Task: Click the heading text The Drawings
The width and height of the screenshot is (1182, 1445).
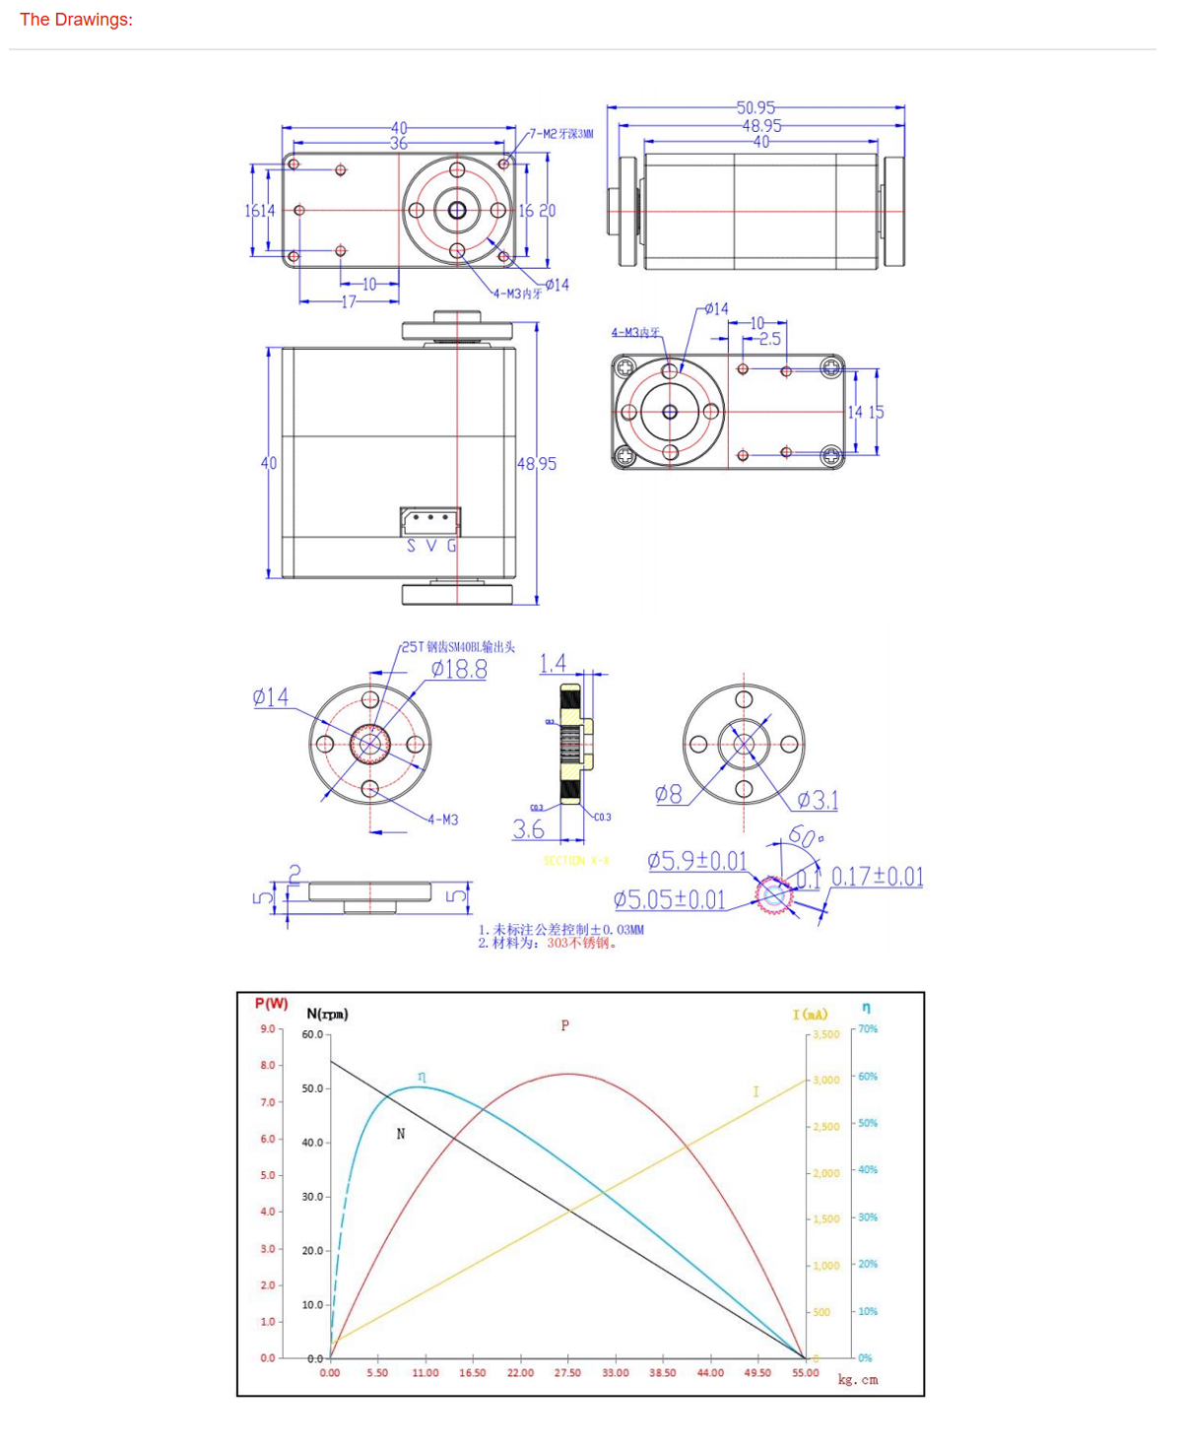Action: [x=76, y=20]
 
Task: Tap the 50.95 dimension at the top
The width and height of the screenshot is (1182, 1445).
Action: [x=755, y=107]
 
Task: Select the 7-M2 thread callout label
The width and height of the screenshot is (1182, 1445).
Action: [x=561, y=133]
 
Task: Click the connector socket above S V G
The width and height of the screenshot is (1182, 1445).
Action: [x=430, y=520]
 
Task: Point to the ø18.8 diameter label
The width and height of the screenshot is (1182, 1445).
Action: [x=459, y=670]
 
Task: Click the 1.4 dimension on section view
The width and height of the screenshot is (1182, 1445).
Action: [x=553, y=663]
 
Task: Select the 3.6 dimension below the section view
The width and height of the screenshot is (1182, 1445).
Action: [x=528, y=830]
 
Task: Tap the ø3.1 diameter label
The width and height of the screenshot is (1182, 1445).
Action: [x=818, y=800]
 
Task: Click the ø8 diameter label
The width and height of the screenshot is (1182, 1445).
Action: [x=669, y=794]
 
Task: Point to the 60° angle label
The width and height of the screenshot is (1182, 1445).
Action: [x=805, y=837]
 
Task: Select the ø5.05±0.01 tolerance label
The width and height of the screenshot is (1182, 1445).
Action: [x=669, y=900]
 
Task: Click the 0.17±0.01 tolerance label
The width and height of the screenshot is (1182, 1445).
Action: [x=877, y=877]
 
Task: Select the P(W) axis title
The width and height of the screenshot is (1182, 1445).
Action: [x=271, y=1004]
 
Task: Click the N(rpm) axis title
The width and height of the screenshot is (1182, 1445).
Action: [x=327, y=1014]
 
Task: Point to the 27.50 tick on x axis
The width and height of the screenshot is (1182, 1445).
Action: [x=567, y=1373]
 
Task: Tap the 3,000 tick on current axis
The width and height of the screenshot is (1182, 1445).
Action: [x=825, y=1081]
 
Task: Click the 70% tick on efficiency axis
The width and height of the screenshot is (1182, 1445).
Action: [x=868, y=1029]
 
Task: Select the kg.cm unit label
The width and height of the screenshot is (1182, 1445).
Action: [x=858, y=1380]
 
